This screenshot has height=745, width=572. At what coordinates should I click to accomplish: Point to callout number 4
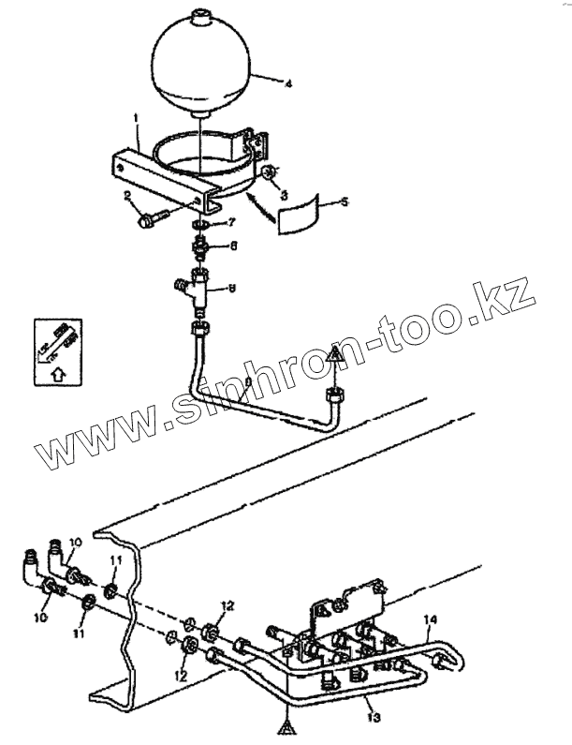[288, 84]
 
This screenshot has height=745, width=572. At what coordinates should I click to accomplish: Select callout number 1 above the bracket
[137, 119]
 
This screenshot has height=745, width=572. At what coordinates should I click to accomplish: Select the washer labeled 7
[199, 225]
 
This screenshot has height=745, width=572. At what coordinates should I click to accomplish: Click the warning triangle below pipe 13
[283, 725]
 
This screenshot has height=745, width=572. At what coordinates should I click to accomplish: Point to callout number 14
[430, 618]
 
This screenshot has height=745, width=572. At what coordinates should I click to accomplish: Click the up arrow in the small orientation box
[58, 373]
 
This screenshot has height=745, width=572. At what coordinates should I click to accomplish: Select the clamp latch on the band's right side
[258, 145]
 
